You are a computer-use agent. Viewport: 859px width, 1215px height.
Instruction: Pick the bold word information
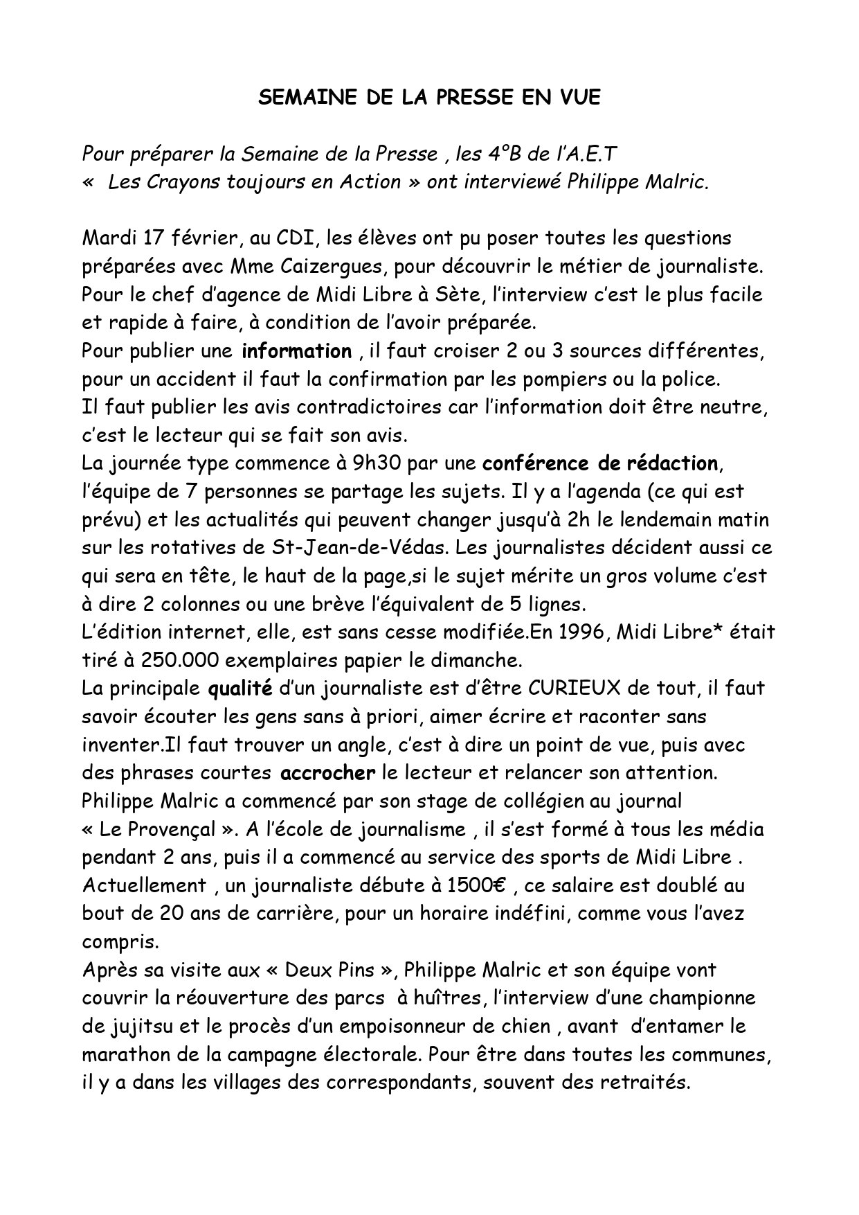pyautogui.click(x=296, y=351)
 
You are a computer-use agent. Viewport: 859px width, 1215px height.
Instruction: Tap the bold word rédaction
pyautogui.click(x=667, y=463)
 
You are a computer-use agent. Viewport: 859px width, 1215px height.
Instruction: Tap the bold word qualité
pyautogui.click(x=240, y=688)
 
